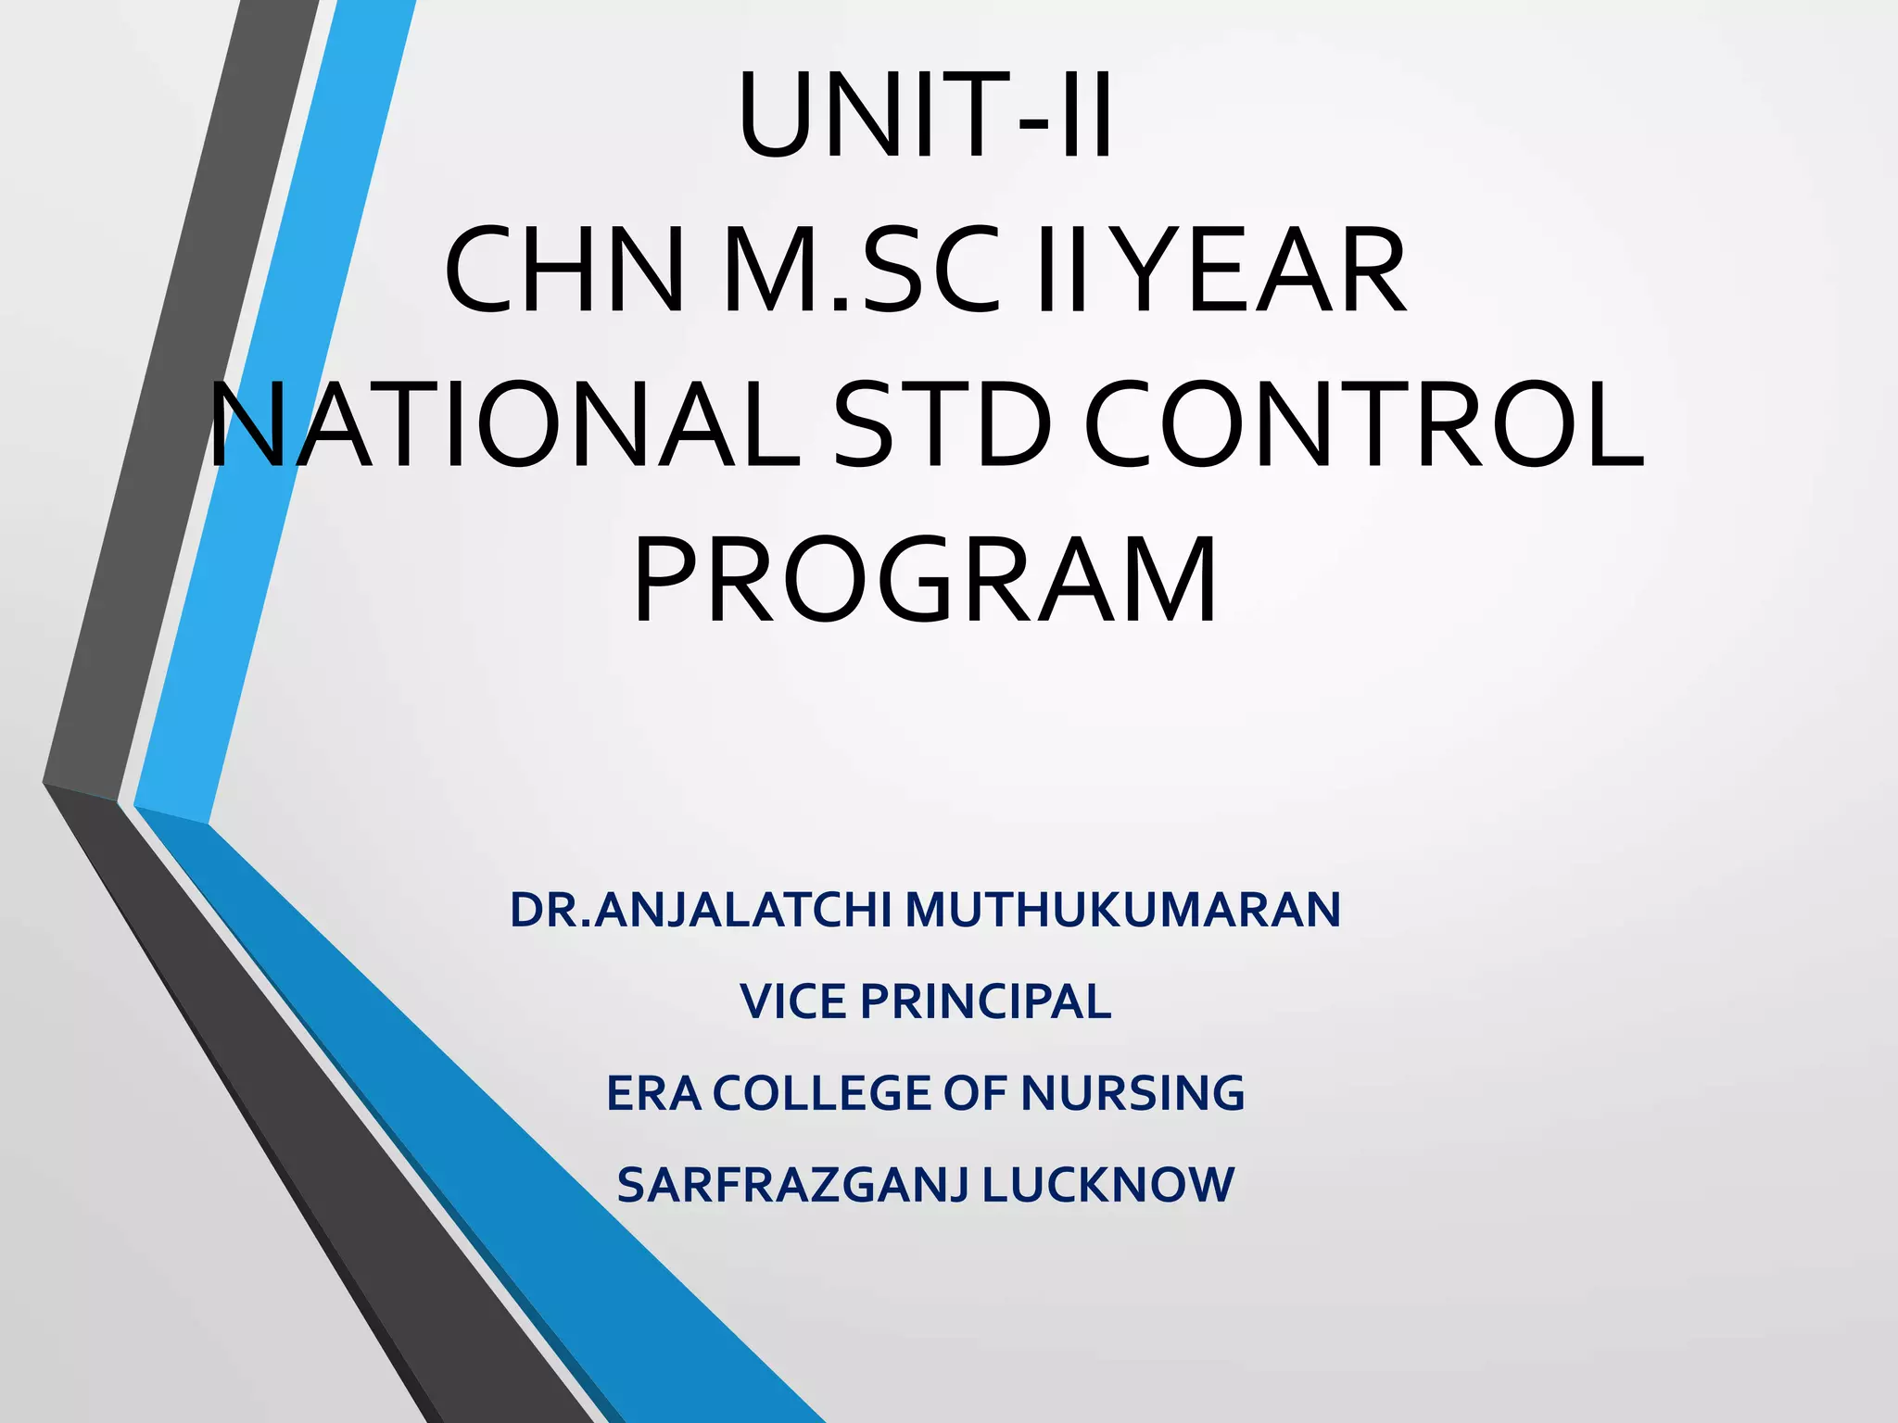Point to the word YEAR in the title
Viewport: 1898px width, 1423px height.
pyautogui.click(x=1266, y=271)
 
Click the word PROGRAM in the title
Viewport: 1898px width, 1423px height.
pyautogui.click(x=925, y=581)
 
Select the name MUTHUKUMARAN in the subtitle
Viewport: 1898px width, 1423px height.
pyautogui.click(x=1123, y=910)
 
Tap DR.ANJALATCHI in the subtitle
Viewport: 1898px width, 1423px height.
pyautogui.click(x=701, y=910)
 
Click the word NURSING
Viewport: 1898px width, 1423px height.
pyautogui.click(x=1132, y=1093)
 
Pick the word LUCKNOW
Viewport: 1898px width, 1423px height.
pyautogui.click(x=1108, y=1185)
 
